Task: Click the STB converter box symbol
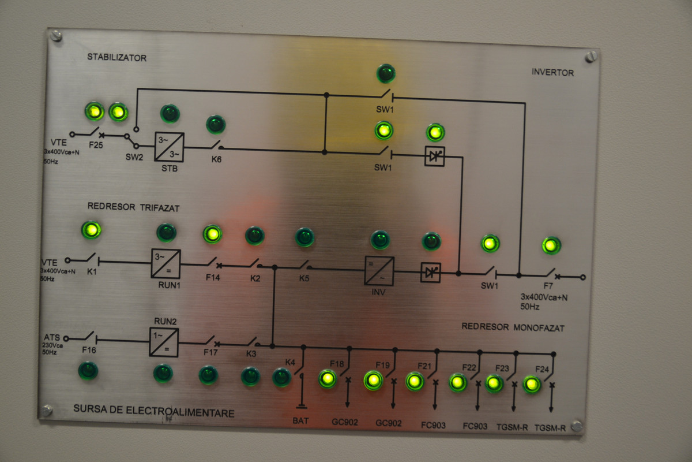tap(170, 147)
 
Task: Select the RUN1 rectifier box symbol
tap(166, 264)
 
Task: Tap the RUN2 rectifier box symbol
tap(164, 342)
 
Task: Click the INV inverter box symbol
tap(379, 271)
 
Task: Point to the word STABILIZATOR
tap(116, 57)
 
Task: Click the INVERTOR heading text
tap(552, 72)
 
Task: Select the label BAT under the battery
tap(300, 420)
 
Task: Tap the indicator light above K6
tap(216, 124)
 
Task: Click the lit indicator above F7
tap(551, 245)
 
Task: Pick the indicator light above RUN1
tap(167, 232)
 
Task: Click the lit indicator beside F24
tap(532, 385)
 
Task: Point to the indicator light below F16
tap(88, 371)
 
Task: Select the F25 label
tap(96, 145)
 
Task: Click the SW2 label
tap(134, 157)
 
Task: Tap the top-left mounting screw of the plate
tap(56, 36)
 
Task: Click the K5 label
tap(304, 278)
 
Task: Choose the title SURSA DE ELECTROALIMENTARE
tap(154, 411)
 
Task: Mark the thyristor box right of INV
tap(431, 273)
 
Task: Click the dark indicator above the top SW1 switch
tap(386, 74)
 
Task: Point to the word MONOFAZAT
tap(539, 327)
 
